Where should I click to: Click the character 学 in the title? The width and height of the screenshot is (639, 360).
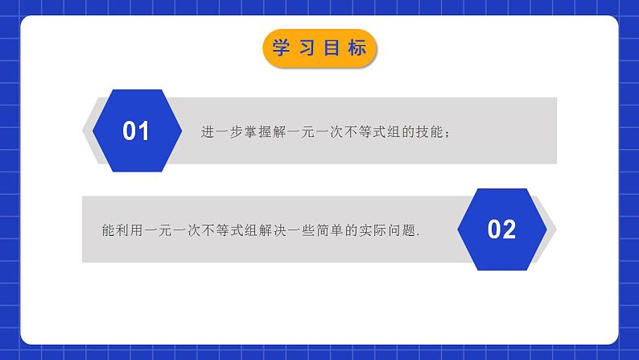(281, 48)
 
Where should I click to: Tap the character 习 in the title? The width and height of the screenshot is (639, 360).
(307, 48)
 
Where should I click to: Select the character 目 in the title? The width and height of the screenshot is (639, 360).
(332, 48)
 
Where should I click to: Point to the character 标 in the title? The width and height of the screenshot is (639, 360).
(358, 48)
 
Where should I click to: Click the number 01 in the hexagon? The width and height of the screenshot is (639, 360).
(136, 131)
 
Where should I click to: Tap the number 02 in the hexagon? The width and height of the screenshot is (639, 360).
(501, 230)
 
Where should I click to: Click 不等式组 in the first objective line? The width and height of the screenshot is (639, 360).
(359, 131)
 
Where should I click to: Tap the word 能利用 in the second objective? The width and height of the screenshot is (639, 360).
(113, 230)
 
